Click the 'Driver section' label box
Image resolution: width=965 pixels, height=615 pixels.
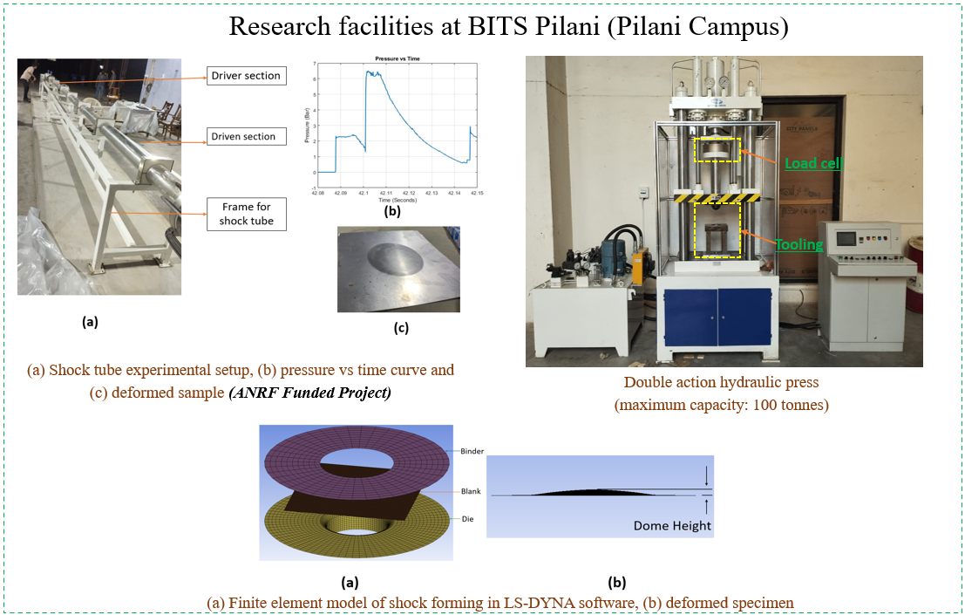[246, 76]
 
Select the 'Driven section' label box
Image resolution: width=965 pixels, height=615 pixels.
[243, 137]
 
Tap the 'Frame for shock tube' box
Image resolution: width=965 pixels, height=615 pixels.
[246, 214]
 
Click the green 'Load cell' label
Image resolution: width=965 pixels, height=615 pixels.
[813, 163]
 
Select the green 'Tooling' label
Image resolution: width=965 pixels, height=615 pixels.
[799, 244]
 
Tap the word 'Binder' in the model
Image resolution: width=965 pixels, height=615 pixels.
[472, 451]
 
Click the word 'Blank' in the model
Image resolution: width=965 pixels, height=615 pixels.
[471, 491]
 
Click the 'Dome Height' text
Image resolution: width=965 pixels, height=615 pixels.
[672, 525]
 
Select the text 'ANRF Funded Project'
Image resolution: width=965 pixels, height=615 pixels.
[309, 393]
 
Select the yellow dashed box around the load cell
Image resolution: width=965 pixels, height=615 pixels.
[717, 150]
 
